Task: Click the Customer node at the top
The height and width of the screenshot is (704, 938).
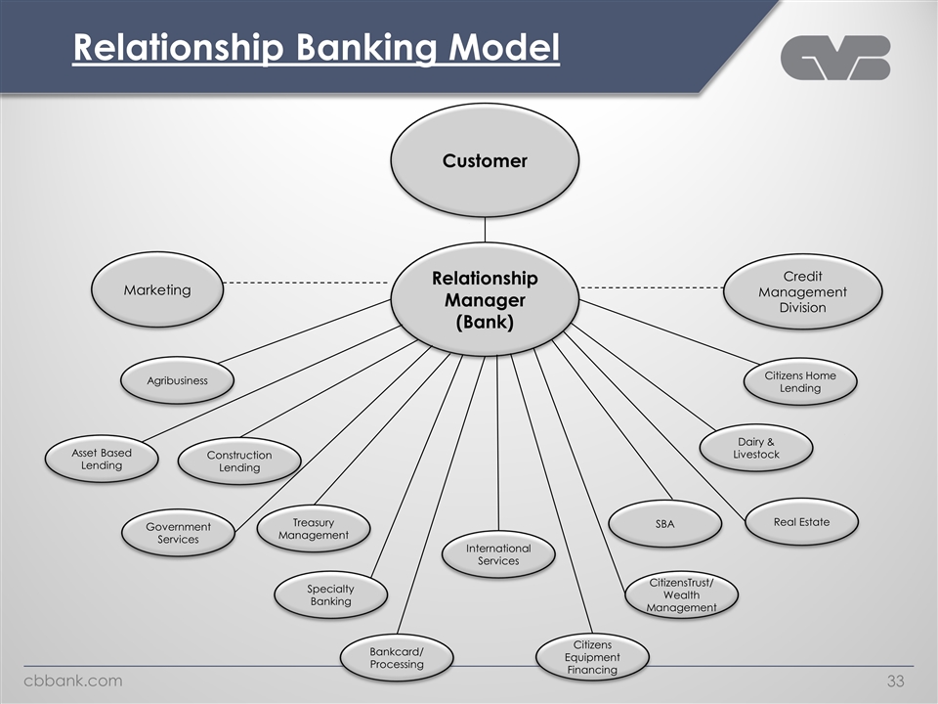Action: click(x=485, y=160)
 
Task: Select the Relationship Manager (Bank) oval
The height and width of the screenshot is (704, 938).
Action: click(x=485, y=300)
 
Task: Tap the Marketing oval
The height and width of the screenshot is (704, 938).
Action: click(x=157, y=290)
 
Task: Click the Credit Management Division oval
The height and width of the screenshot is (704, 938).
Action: click(x=802, y=291)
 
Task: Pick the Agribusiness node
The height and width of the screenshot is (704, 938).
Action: click(x=177, y=380)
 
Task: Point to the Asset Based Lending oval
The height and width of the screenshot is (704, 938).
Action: click(x=102, y=460)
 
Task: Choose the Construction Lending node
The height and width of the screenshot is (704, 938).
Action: click(x=239, y=462)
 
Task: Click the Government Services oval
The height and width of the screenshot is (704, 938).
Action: click(x=178, y=533)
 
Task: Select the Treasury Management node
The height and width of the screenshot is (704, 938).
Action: click(x=313, y=529)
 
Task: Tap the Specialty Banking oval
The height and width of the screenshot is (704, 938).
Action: click(x=330, y=594)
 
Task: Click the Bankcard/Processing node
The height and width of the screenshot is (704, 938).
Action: click(x=397, y=657)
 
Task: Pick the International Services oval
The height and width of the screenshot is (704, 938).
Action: click(x=498, y=554)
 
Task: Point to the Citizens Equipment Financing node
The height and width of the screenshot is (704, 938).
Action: click(x=592, y=657)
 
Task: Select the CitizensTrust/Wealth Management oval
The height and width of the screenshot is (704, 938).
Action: click(x=681, y=594)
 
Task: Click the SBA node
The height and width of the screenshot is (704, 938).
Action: click(x=664, y=525)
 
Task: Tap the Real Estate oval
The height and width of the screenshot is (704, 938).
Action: click(x=801, y=521)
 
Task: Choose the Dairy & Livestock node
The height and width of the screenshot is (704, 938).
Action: click(x=756, y=448)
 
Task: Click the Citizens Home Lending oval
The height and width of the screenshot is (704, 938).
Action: click(x=800, y=381)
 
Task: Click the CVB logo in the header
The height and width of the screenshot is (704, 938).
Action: click(x=835, y=58)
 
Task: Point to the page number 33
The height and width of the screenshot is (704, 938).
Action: click(x=896, y=681)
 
